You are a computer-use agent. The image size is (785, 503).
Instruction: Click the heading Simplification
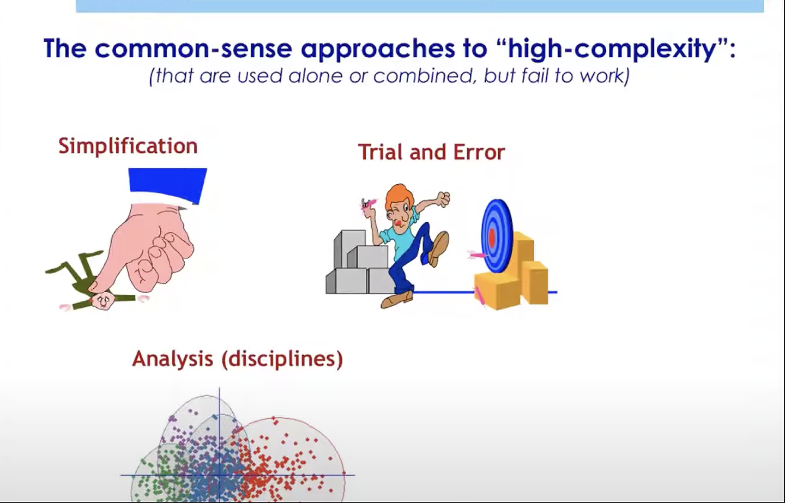[128, 147]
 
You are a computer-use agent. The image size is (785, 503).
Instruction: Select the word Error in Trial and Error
[479, 153]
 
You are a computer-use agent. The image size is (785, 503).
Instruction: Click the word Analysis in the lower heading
[173, 359]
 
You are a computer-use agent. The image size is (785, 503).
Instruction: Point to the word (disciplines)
[282, 359]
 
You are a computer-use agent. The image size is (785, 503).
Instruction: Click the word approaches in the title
[377, 49]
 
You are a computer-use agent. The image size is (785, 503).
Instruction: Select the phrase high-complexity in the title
[611, 49]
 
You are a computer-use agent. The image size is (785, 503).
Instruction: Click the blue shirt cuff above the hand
[168, 186]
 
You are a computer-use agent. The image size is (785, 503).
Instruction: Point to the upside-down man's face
[102, 301]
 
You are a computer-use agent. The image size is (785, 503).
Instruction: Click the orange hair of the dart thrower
[399, 198]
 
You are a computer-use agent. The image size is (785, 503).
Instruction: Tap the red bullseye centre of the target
[491, 238]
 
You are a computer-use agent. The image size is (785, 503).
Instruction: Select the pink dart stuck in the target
[476, 255]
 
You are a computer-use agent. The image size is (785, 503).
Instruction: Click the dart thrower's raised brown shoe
[438, 249]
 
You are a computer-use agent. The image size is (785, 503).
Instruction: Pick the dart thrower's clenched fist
[444, 199]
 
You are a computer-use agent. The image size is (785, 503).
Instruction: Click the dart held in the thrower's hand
[367, 203]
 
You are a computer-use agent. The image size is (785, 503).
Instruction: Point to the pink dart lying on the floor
[479, 296]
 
